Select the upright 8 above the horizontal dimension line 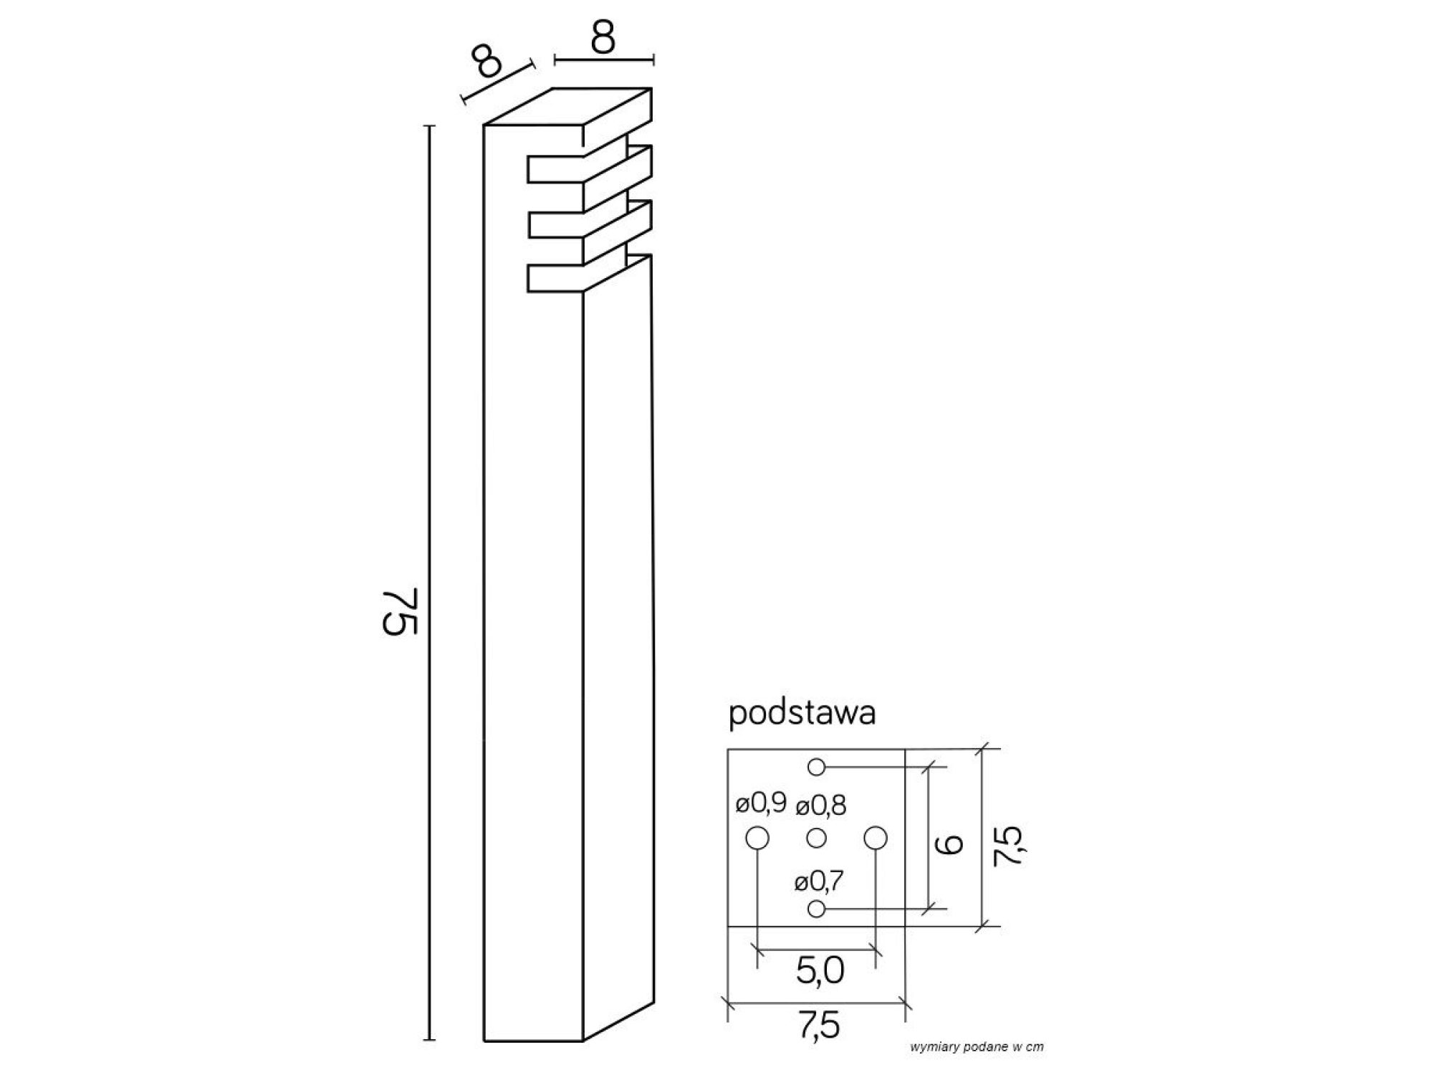point(603,38)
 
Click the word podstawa point(802,715)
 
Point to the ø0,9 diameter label point(761,804)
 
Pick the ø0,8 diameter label point(821,806)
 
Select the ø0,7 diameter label point(819,881)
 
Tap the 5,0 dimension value point(820,971)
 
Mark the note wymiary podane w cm point(977,1047)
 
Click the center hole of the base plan point(816,837)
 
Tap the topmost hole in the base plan point(816,767)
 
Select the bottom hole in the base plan point(816,909)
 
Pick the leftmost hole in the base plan point(757,837)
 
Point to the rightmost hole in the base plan point(876,837)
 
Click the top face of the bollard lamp point(568,107)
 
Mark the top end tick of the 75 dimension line point(430,126)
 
